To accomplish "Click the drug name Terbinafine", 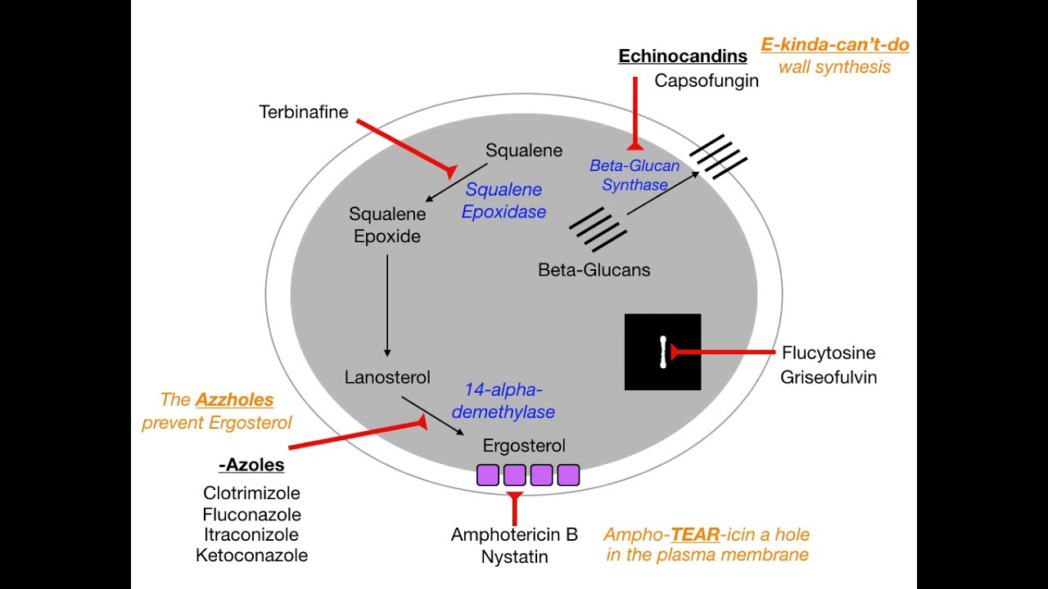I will [x=303, y=112].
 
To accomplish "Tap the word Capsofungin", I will [x=706, y=81].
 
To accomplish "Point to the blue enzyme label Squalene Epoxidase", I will [x=504, y=200].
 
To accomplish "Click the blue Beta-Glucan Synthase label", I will [x=635, y=175].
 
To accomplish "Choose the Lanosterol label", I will [x=387, y=378].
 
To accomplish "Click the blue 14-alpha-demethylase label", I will [x=503, y=401].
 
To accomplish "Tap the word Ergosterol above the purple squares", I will [x=524, y=446].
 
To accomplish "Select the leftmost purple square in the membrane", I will [x=488, y=475].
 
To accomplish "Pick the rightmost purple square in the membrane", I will [x=568, y=475].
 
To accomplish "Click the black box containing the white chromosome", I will [x=662, y=352].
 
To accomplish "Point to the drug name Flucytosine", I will [x=828, y=353].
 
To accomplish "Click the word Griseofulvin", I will [x=828, y=377].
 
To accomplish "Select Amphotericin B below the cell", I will [x=514, y=535].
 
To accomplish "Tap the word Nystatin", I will [x=514, y=557].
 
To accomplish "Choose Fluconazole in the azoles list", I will [x=251, y=515].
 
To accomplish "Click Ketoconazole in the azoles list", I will [x=251, y=555].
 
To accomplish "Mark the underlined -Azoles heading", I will [x=251, y=465].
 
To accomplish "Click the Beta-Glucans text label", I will [x=594, y=270].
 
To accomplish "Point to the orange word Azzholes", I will [x=234, y=400].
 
